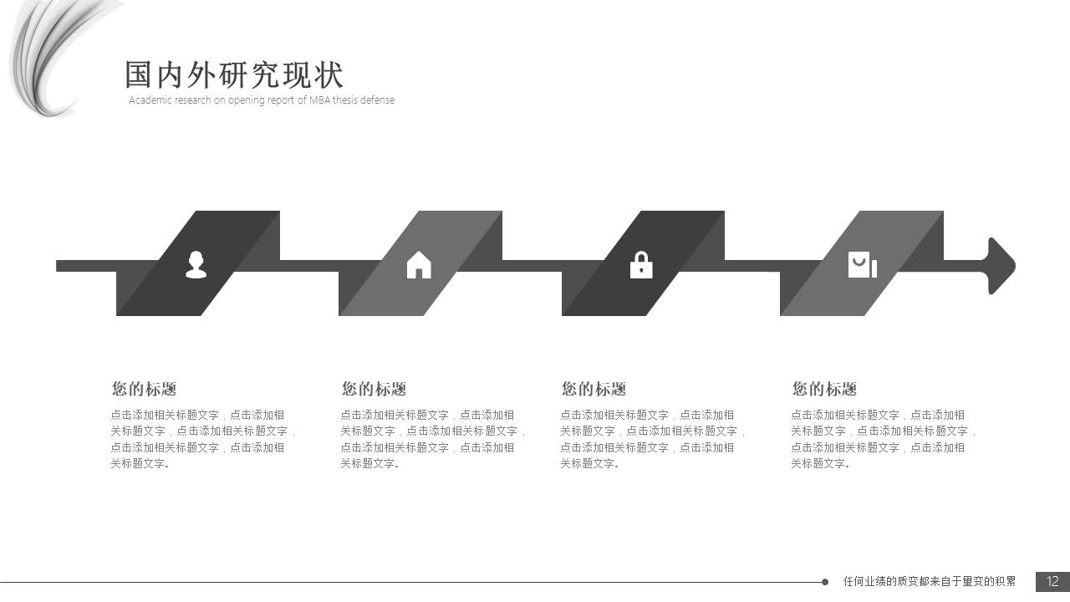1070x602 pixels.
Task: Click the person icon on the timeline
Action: (x=196, y=264)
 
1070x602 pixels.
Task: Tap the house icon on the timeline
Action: (x=419, y=264)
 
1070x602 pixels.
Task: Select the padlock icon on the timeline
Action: (x=641, y=265)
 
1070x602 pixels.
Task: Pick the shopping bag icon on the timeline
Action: (x=862, y=264)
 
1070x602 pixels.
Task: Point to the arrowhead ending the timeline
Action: (x=1001, y=266)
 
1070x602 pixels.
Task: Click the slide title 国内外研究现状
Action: (x=234, y=75)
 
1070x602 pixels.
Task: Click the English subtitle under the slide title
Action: (x=261, y=100)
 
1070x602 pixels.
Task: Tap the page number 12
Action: (x=1052, y=581)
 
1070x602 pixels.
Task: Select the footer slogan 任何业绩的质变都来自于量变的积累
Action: (x=930, y=581)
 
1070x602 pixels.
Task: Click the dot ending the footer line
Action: (x=825, y=582)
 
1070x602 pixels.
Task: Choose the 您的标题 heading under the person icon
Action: (x=144, y=389)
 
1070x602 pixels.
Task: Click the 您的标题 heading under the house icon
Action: (x=374, y=389)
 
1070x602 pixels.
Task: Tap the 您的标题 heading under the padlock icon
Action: (x=594, y=389)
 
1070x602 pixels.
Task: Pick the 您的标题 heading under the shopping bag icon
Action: (x=824, y=389)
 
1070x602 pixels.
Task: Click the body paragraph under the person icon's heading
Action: (x=203, y=439)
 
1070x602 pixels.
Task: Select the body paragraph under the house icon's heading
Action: (x=433, y=439)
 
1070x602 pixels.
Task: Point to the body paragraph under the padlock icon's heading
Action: (x=653, y=439)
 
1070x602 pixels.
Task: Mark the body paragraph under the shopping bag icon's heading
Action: (x=884, y=439)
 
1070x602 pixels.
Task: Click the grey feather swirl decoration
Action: (x=46, y=54)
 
